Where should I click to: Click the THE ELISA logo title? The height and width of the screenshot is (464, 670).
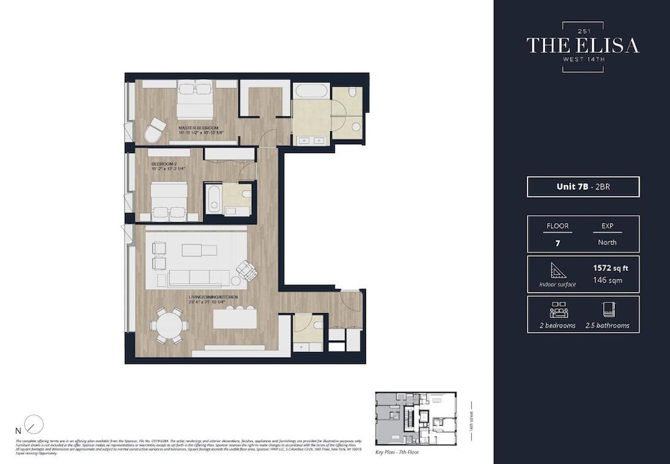pyautogui.click(x=583, y=45)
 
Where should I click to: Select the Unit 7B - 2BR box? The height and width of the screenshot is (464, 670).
pyautogui.click(x=583, y=187)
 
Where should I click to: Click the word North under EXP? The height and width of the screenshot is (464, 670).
pyautogui.click(x=607, y=242)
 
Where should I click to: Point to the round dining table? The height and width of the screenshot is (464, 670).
pyautogui.click(x=169, y=326)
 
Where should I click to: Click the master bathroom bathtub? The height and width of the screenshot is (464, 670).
pyautogui.click(x=310, y=92)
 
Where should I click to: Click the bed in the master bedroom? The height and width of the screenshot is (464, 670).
pyautogui.click(x=195, y=100)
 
